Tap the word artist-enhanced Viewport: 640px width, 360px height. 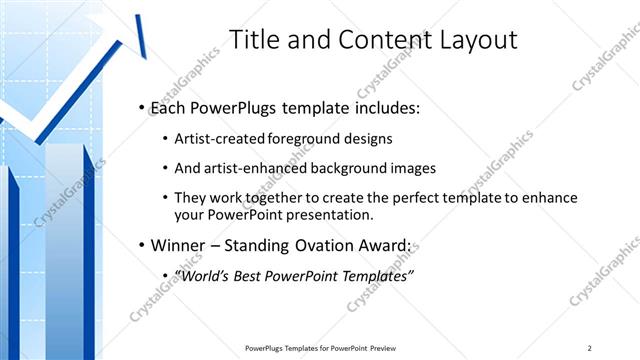(252, 168)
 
